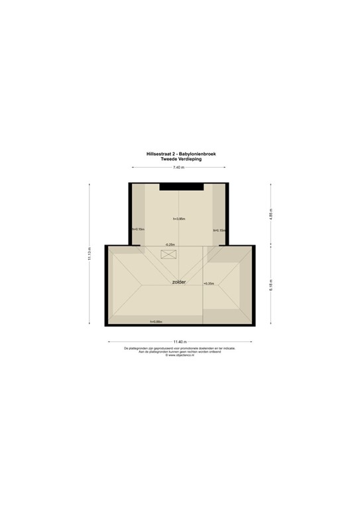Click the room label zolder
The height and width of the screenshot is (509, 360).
[x=178, y=282]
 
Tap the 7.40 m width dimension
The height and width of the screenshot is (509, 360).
[x=179, y=167]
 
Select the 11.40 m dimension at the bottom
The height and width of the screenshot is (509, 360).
[x=179, y=341]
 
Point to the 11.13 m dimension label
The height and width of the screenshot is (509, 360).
[x=89, y=254]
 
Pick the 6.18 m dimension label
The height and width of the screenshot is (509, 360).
[x=270, y=285]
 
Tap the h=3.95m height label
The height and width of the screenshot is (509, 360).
[x=178, y=219]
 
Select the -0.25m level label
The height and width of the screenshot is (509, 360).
[x=170, y=245]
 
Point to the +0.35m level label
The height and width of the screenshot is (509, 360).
[x=209, y=283]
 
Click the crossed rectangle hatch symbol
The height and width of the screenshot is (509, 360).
[x=167, y=254]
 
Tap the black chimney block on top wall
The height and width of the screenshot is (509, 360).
[x=179, y=185]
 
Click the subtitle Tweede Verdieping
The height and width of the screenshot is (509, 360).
[x=179, y=158]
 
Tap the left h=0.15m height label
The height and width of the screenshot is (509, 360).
[x=138, y=229]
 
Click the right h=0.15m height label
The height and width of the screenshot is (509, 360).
[x=219, y=230]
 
